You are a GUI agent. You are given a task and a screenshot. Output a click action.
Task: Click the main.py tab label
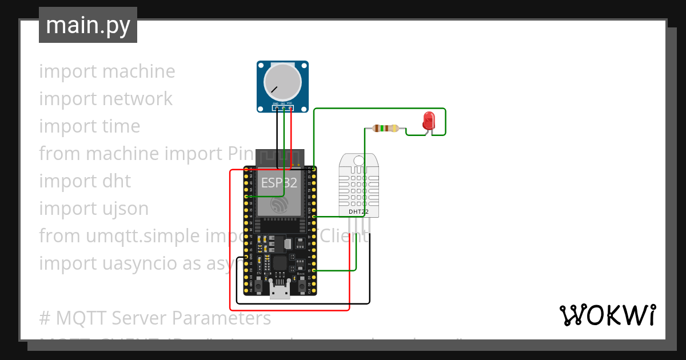click(x=87, y=25)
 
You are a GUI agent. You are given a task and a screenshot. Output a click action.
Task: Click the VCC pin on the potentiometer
click(x=290, y=107)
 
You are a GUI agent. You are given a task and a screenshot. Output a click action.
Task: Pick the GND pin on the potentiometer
click(x=276, y=107)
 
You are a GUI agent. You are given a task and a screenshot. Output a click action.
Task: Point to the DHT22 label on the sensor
click(x=358, y=212)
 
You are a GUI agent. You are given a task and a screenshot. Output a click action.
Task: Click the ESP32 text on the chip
click(x=279, y=183)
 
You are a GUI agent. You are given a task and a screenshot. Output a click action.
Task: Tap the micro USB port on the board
click(x=280, y=292)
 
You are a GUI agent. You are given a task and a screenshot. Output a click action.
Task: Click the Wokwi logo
click(x=607, y=315)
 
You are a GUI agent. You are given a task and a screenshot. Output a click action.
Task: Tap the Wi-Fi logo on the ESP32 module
click(x=279, y=205)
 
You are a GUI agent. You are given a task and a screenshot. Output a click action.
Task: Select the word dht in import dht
click(x=117, y=181)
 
